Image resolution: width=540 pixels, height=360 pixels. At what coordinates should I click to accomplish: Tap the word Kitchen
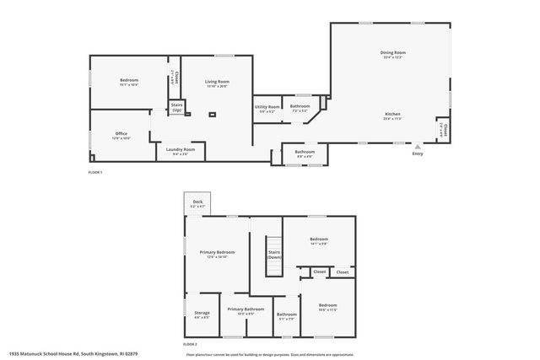pos(392,114)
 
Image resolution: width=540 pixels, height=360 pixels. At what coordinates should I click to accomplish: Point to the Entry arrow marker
pos(417,146)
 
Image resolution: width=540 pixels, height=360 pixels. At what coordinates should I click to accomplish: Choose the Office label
pos(121,133)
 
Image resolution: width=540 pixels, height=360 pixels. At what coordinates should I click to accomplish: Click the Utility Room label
pos(267,107)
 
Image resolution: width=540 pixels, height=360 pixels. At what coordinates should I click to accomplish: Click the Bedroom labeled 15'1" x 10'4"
pos(128,80)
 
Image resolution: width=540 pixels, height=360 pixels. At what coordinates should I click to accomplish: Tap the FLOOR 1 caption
pos(94,172)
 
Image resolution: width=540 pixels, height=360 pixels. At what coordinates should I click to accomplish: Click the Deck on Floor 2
pos(197,201)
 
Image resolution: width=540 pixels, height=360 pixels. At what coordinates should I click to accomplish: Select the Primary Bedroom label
pos(217,252)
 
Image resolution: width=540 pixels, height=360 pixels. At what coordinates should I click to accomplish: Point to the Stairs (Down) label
pos(274,254)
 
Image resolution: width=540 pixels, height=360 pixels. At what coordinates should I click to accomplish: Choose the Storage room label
pos(202,313)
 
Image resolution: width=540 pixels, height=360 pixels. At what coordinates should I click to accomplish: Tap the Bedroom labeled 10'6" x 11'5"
pos(327,305)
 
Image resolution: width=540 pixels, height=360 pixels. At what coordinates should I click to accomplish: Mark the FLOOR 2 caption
pos(190,345)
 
